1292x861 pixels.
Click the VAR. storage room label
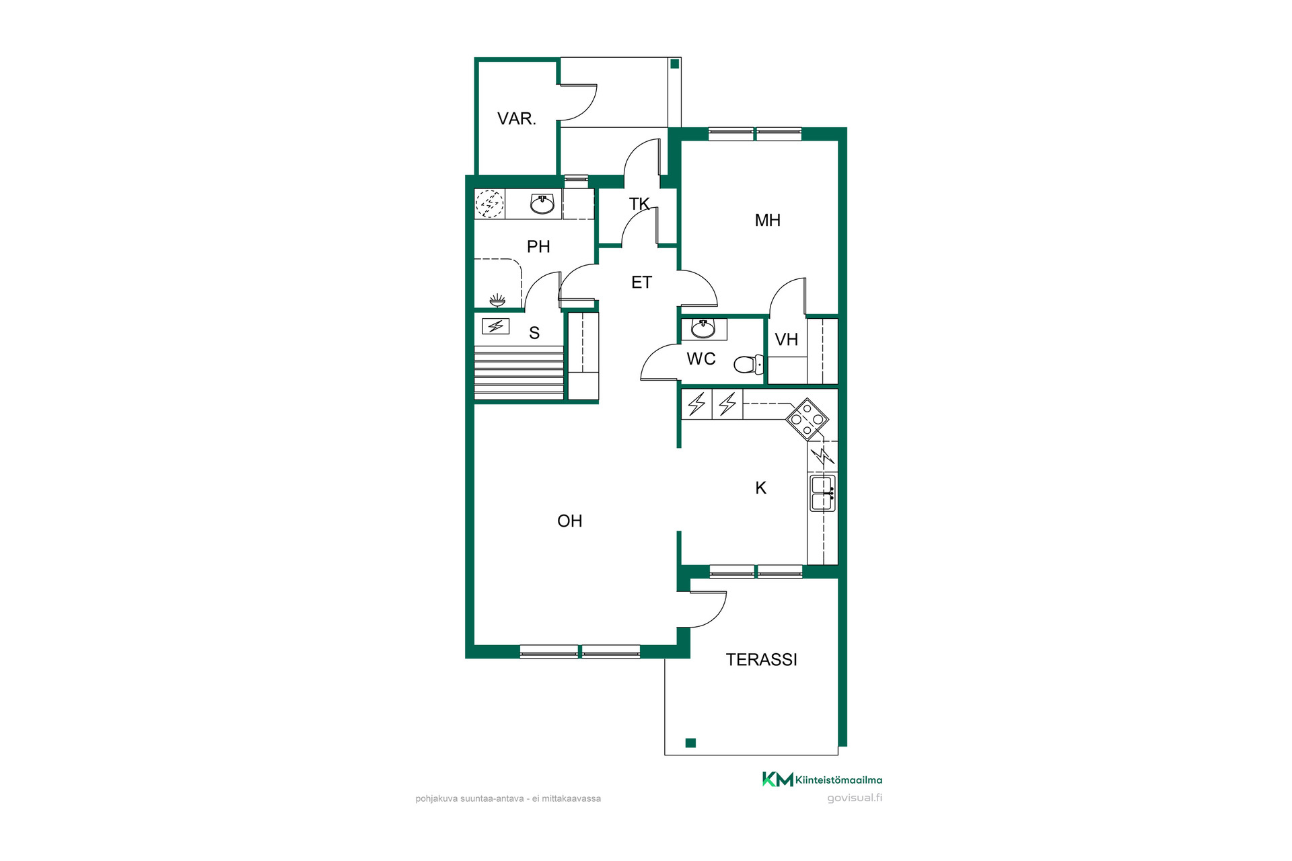point(516,119)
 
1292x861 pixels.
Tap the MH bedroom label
point(768,221)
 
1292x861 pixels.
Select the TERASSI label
point(761,660)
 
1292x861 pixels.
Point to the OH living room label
point(569,521)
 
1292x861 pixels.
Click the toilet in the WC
point(749,364)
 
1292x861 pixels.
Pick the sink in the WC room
point(703,329)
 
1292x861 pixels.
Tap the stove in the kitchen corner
point(808,419)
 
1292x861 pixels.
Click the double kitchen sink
point(822,493)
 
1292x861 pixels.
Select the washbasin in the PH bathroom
point(542,203)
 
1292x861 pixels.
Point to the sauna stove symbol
point(496,327)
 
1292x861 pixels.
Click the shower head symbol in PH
point(497,299)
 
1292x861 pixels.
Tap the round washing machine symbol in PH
point(490,204)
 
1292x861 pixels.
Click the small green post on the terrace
point(690,743)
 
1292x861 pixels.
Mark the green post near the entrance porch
point(674,64)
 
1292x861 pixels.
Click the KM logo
point(778,780)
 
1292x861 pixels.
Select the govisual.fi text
point(855,798)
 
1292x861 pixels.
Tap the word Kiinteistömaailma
point(839,780)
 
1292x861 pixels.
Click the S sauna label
point(534,333)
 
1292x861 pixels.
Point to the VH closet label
point(786,340)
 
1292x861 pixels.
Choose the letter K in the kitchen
point(761,488)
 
